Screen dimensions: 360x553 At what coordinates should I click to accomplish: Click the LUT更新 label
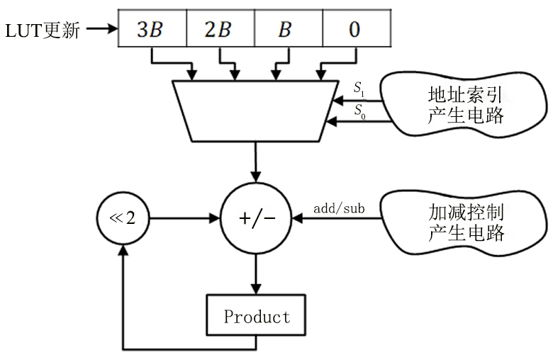(x=43, y=31)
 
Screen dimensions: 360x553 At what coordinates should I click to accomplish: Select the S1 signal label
(x=359, y=89)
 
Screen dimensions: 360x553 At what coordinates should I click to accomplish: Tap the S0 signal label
(x=359, y=111)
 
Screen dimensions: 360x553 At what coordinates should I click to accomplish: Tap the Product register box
(x=256, y=316)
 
